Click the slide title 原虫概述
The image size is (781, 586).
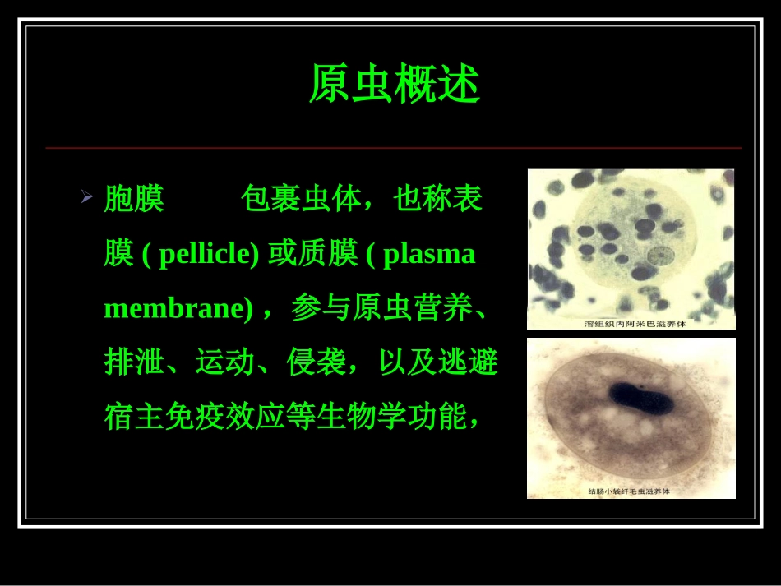pos(394,85)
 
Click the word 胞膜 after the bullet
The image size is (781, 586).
pos(134,199)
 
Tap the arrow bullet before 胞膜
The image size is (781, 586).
pos(86,197)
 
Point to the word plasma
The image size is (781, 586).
pos(429,254)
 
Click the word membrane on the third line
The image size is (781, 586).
pos(173,308)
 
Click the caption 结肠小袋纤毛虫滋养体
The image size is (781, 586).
pos(630,491)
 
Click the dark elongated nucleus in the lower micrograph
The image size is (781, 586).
pos(640,399)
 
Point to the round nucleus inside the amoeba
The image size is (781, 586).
pos(659,256)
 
